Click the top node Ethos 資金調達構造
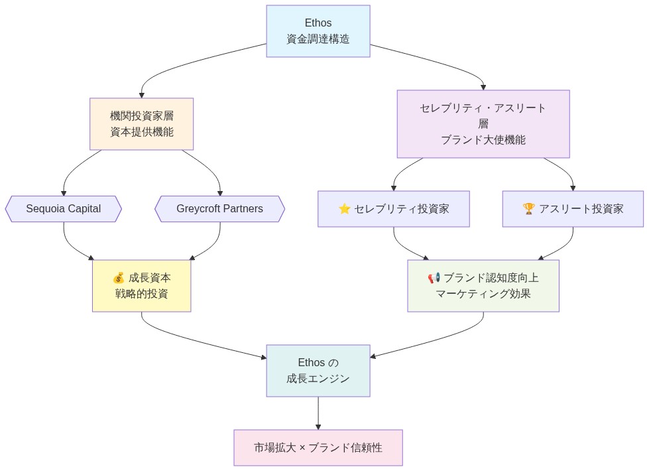[x=318, y=31]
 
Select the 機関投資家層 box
[x=141, y=124]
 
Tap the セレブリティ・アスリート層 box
[x=483, y=124]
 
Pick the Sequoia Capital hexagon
[x=64, y=209]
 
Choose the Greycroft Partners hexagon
[x=219, y=209]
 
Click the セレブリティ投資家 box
[x=393, y=209]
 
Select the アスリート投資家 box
[x=573, y=209]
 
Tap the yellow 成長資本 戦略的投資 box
[x=141, y=286]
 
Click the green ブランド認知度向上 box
[x=483, y=286]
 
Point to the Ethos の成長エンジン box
[x=318, y=371]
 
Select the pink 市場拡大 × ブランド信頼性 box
[x=318, y=448]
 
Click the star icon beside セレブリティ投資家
[x=345, y=209]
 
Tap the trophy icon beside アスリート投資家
[x=528, y=209]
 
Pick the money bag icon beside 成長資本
[x=119, y=278]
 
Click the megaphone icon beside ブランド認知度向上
[x=434, y=278]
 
